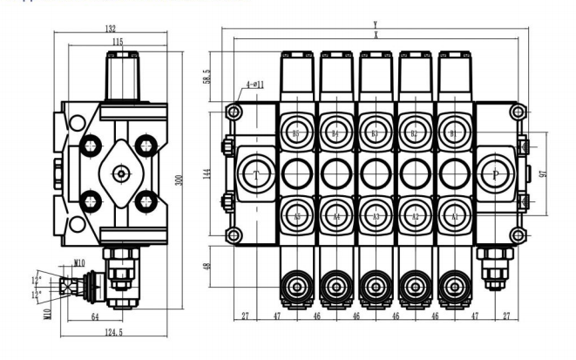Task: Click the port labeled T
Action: [256, 175]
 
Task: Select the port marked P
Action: [496, 174]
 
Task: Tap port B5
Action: [296, 133]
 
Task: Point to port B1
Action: [454, 133]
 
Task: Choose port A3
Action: [376, 216]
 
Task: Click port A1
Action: [454, 216]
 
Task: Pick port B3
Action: [376, 133]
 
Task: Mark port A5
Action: [296, 216]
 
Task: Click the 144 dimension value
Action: [207, 174]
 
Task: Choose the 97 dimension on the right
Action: [542, 173]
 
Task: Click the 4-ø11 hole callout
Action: [254, 85]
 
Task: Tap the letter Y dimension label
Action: [375, 24]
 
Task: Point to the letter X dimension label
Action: [375, 36]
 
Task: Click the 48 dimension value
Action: [207, 268]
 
